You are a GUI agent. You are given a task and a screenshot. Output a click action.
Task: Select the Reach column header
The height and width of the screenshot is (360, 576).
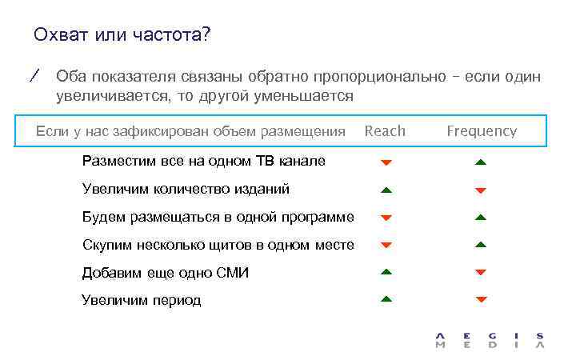pos(385,131)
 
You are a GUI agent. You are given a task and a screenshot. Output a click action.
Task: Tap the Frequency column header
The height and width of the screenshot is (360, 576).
pos(482,131)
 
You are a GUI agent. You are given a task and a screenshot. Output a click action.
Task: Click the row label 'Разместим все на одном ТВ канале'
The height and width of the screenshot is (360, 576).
pos(203,161)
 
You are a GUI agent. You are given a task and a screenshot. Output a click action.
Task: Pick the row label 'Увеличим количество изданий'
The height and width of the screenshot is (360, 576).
pos(186,189)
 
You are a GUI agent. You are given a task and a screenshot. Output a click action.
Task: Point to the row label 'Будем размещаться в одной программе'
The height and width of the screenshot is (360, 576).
pos(218,217)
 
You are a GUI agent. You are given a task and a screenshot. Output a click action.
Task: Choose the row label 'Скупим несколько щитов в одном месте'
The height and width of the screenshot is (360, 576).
pos(218,245)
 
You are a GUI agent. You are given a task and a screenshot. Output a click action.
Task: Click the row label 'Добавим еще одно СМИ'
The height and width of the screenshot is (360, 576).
pos(166,273)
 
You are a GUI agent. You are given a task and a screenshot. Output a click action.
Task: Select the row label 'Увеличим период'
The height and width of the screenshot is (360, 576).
pos(142,301)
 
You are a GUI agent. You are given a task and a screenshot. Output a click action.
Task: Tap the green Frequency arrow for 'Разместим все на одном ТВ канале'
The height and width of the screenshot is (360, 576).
pos(481,162)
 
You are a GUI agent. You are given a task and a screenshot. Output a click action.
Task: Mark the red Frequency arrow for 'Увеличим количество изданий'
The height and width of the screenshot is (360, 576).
pos(481,190)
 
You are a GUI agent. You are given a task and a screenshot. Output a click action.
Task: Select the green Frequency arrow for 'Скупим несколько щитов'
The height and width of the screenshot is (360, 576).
pos(481,244)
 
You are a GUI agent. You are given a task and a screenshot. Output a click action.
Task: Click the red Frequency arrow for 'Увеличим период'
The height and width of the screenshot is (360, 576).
pos(481,300)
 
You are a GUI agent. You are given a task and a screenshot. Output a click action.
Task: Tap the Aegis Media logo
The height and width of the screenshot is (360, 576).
pos(490,340)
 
